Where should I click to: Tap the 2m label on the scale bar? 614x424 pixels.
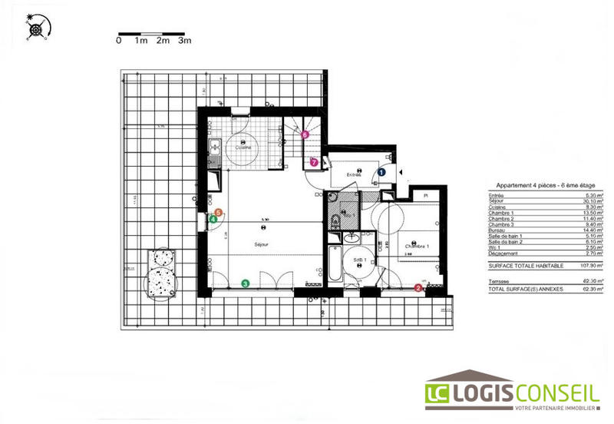162,41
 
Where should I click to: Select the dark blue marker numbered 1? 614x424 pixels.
381,173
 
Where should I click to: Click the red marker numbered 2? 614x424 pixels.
418,288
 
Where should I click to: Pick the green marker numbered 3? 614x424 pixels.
245,283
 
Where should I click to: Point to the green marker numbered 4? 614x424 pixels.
213,218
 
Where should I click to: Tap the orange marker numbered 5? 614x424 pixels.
220,212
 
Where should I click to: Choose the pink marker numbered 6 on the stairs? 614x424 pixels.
305,134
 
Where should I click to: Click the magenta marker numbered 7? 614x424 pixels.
314,162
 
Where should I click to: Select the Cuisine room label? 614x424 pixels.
244,147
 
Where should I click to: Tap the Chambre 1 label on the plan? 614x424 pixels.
418,247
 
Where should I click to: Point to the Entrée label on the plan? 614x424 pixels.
353,175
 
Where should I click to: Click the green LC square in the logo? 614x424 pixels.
441,395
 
